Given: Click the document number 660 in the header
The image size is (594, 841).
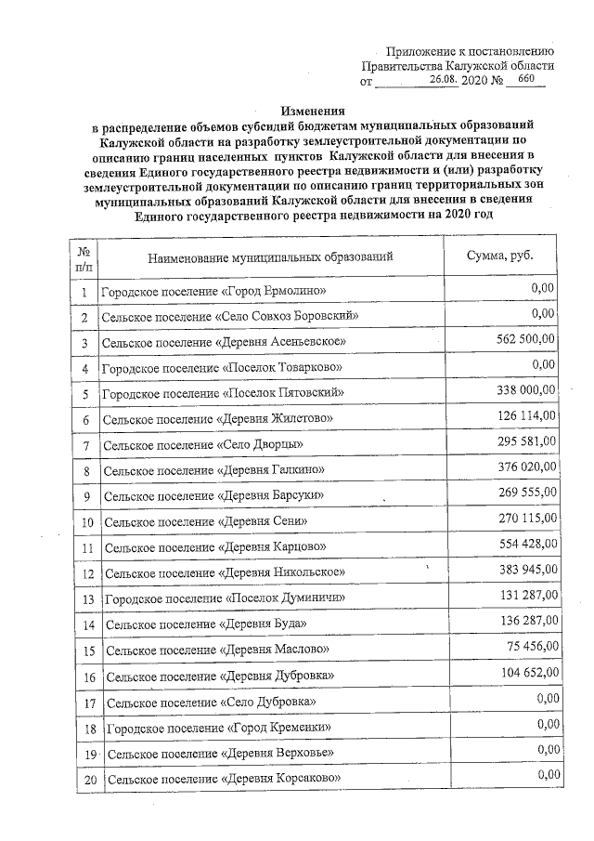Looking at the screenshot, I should click(526, 81).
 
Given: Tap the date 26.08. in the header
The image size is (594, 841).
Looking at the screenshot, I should click(450, 82).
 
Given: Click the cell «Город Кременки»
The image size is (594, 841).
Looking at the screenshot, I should click(218, 727).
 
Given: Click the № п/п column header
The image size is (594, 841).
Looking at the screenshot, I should click(84, 257).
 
